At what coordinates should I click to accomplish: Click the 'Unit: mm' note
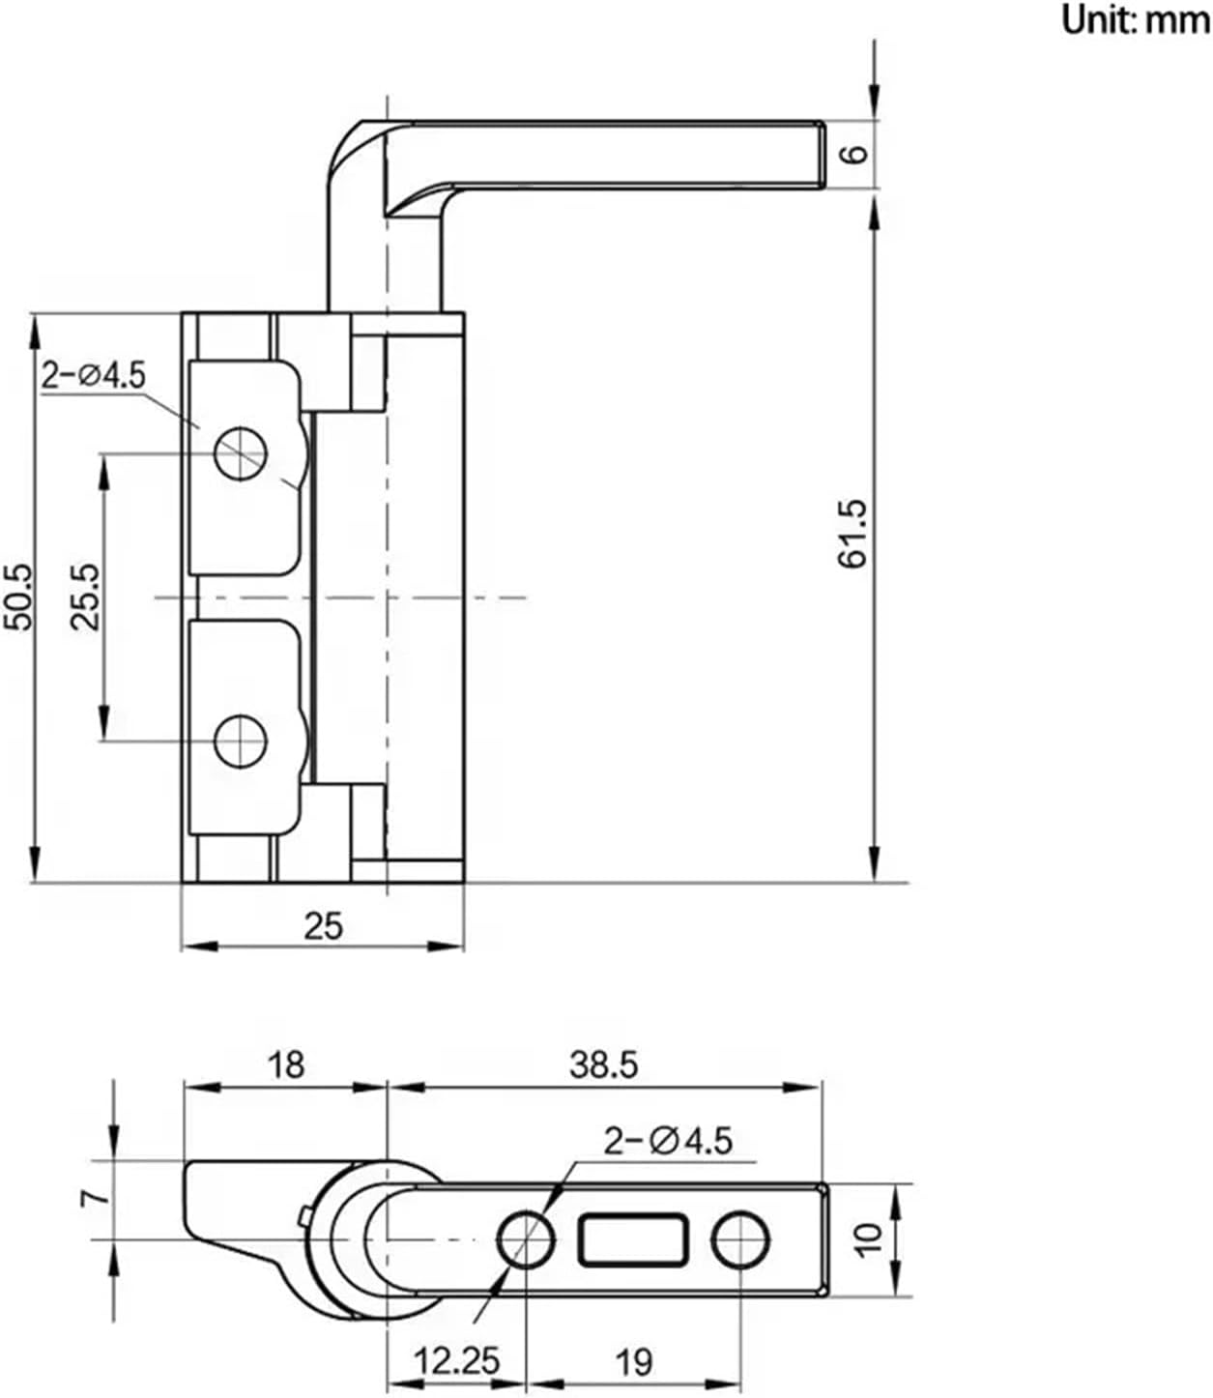pyautogui.click(x=1135, y=18)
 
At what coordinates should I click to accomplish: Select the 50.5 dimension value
pyautogui.click(x=19, y=597)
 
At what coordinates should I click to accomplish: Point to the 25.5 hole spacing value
pyautogui.click(x=87, y=597)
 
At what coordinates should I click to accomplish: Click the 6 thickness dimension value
pyautogui.click(x=854, y=154)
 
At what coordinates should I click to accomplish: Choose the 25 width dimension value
pyautogui.click(x=323, y=926)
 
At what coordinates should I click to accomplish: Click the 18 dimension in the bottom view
pyautogui.click(x=287, y=1064)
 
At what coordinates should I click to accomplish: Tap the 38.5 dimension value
pyautogui.click(x=603, y=1064)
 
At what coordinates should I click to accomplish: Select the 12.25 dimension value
pyautogui.click(x=457, y=1362)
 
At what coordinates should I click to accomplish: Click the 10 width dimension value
pyautogui.click(x=869, y=1238)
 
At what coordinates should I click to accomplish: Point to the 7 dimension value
pyautogui.click(x=95, y=1198)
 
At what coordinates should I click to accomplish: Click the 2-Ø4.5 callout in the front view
pyautogui.click(x=93, y=375)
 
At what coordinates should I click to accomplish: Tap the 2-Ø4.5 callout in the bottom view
pyautogui.click(x=668, y=1141)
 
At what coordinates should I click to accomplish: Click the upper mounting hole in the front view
pyautogui.click(x=241, y=452)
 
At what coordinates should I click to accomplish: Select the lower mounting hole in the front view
pyautogui.click(x=241, y=743)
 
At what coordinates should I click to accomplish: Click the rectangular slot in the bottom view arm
pyautogui.click(x=634, y=1239)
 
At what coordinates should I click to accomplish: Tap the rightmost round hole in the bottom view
pyautogui.click(x=741, y=1239)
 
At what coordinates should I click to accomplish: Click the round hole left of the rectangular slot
pyautogui.click(x=527, y=1239)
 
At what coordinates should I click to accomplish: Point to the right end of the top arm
pyautogui.click(x=817, y=155)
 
